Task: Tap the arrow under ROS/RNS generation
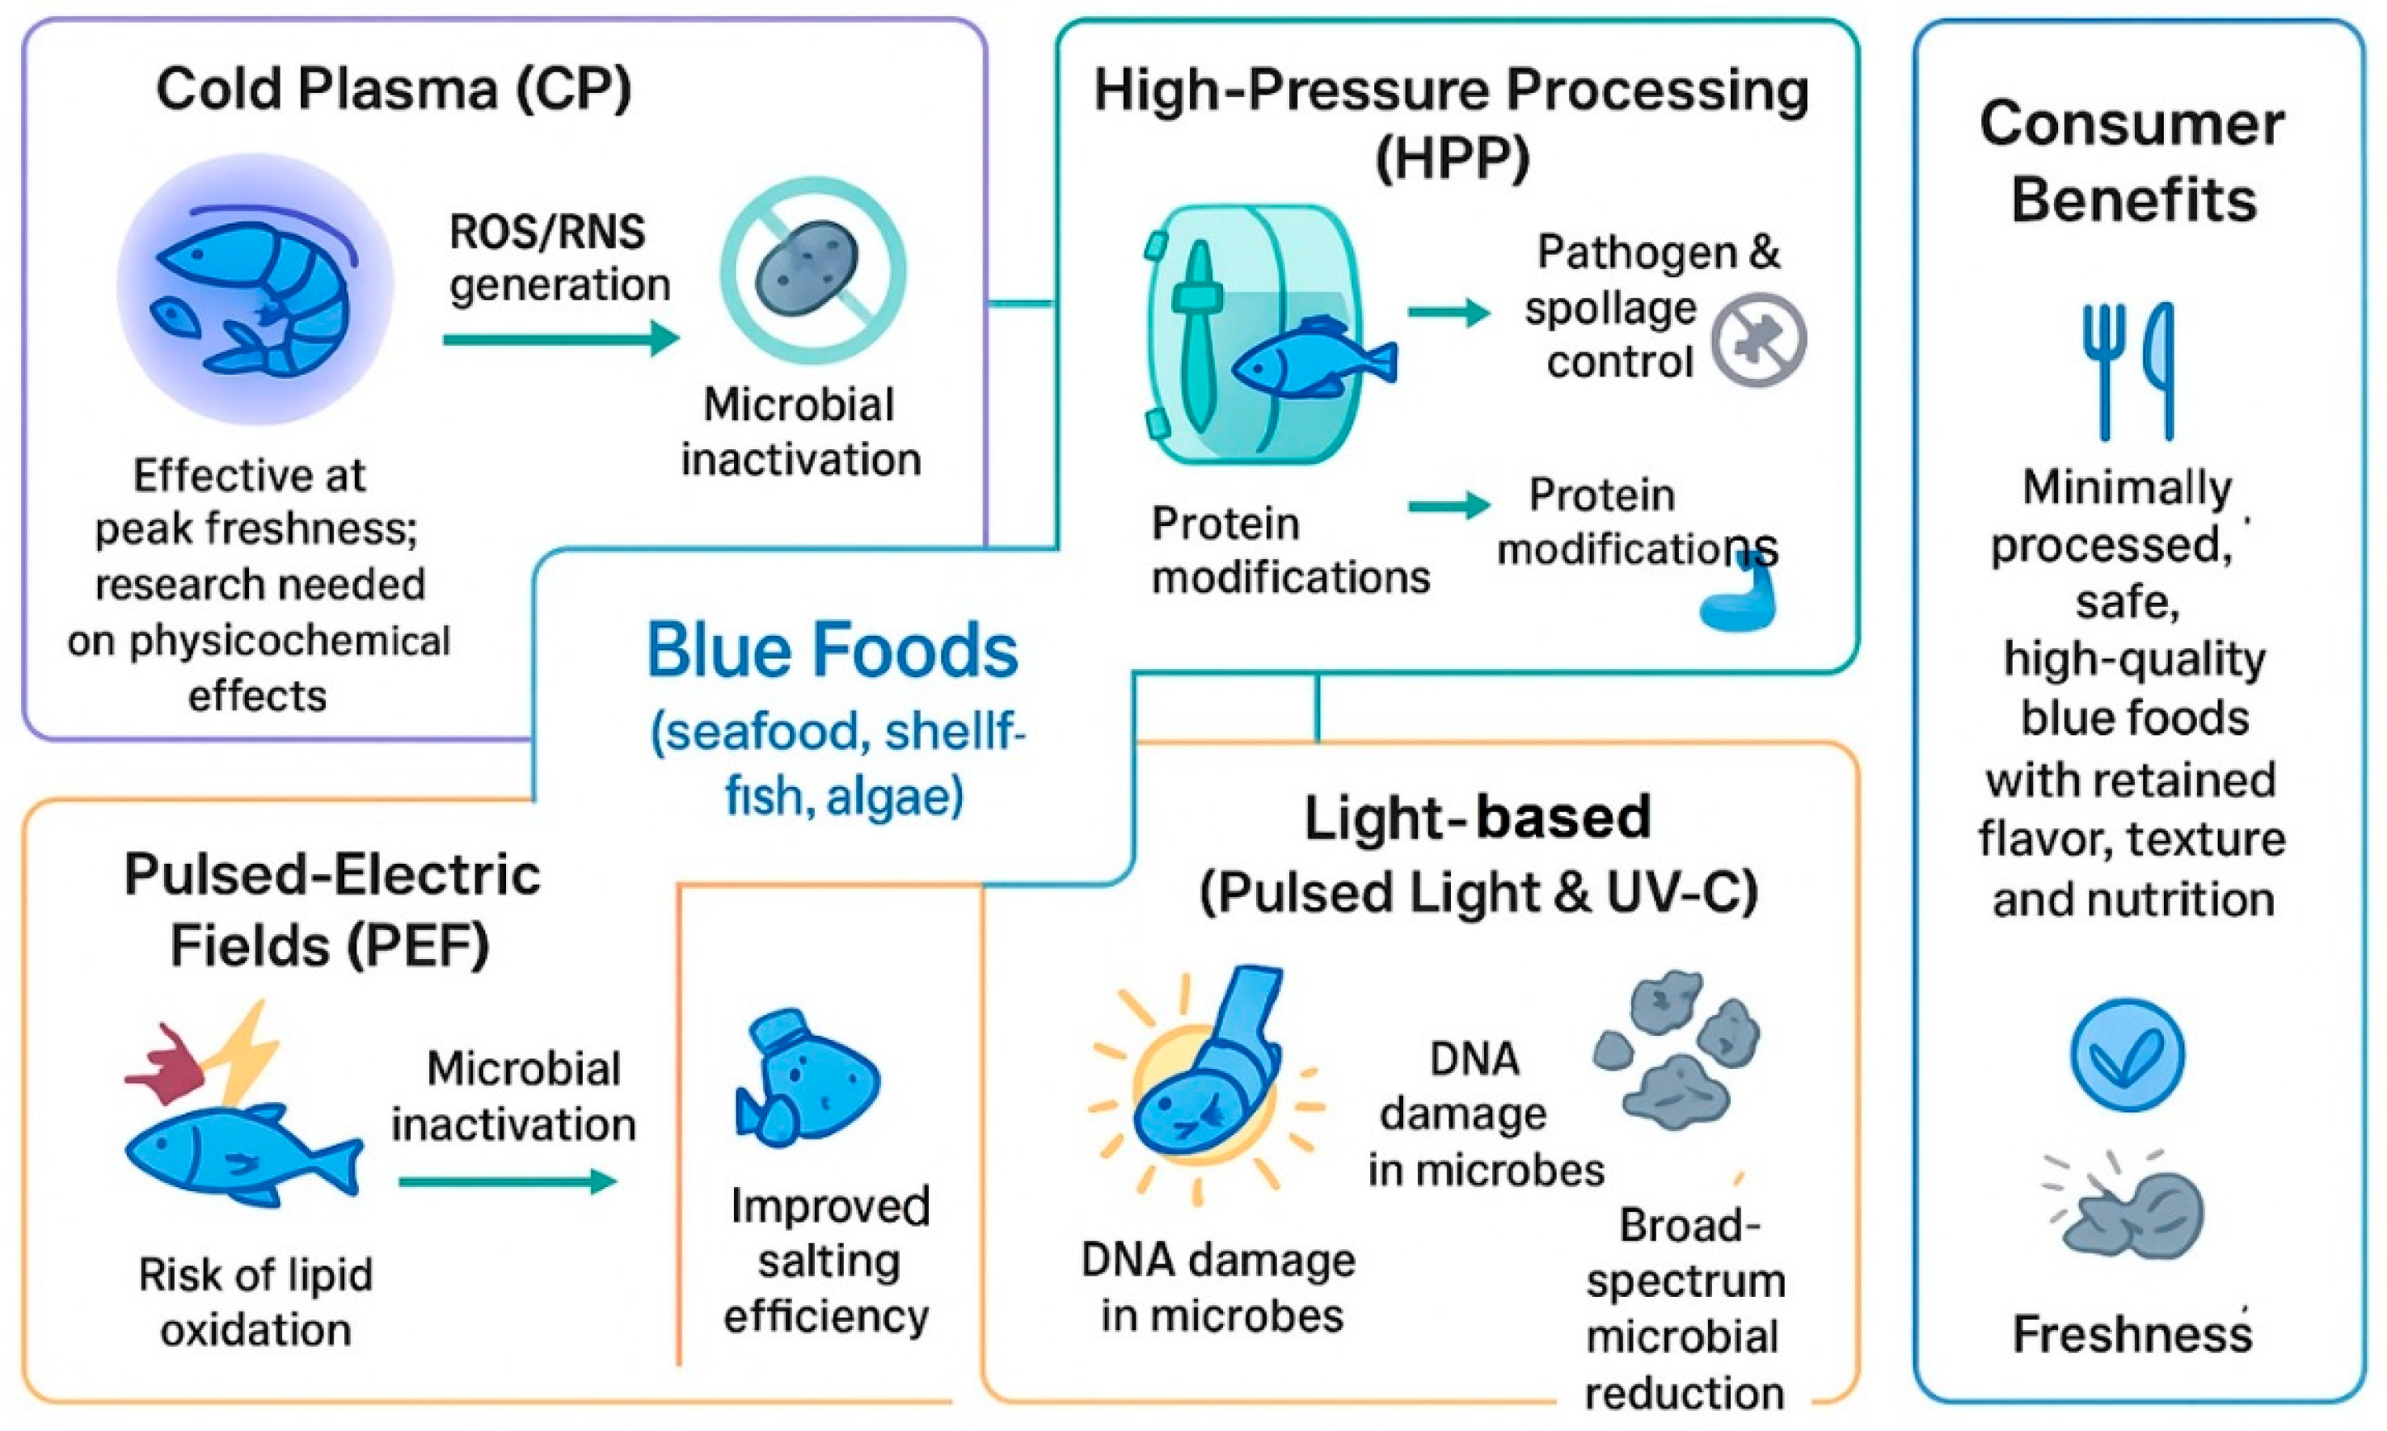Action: tap(560, 339)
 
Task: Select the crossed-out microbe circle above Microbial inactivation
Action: tap(813, 270)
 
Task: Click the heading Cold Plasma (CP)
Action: tap(394, 90)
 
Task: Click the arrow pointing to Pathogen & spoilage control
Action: tap(1448, 311)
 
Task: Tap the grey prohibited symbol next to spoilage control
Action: tap(1758, 340)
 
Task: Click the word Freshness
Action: tap(2132, 1336)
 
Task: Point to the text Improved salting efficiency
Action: tap(829, 1261)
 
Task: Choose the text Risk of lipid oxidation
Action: tap(255, 1303)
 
